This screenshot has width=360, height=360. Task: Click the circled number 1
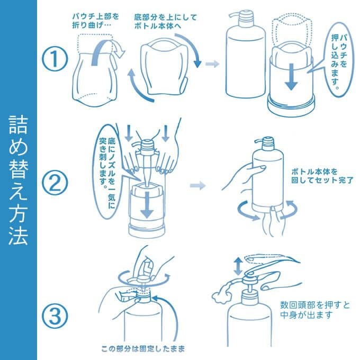click(x=55, y=58)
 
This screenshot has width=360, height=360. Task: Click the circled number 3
click(x=55, y=316)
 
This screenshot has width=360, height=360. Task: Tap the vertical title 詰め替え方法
click(x=19, y=180)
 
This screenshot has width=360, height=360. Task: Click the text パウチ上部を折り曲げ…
click(x=95, y=21)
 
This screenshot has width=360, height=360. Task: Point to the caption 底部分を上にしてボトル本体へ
click(x=166, y=22)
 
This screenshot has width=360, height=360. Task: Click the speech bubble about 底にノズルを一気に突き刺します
click(x=108, y=172)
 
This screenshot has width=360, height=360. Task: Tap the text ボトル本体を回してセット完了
click(x=322, y=176)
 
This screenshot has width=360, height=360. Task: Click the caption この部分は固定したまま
click(x=143, y=349)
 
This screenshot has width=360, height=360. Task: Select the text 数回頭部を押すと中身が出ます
click(x=315, y=310)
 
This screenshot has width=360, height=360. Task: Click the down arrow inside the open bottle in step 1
click(x=291, y=77)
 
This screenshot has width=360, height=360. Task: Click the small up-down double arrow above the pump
click(x=238, y=266)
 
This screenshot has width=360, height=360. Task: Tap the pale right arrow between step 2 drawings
click(x=197, y=185)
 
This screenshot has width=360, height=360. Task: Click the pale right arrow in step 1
click(x=212, y=64)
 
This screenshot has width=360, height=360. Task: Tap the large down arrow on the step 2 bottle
click(x=147, y=205)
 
